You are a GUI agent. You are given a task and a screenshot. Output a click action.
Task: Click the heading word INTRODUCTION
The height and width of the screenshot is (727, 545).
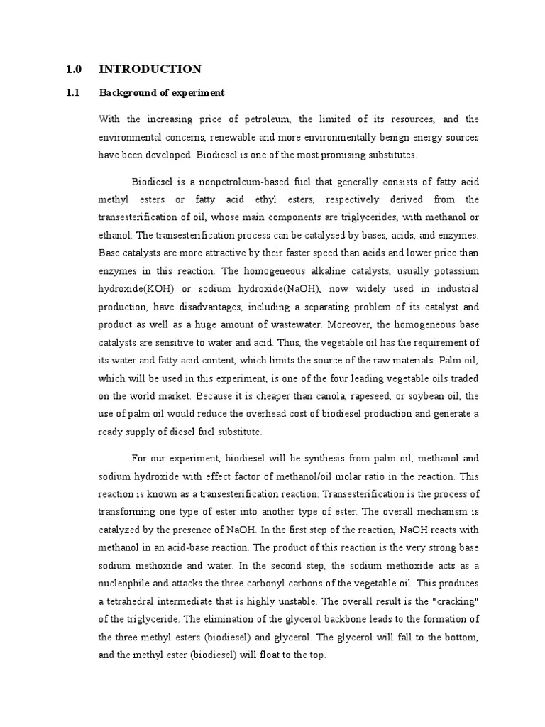[x=150, y=69]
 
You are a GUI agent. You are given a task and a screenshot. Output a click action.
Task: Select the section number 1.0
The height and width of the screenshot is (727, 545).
[x=74, y=69]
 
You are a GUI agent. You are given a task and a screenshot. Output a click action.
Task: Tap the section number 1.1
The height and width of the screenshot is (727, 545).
[x=73, y=93]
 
